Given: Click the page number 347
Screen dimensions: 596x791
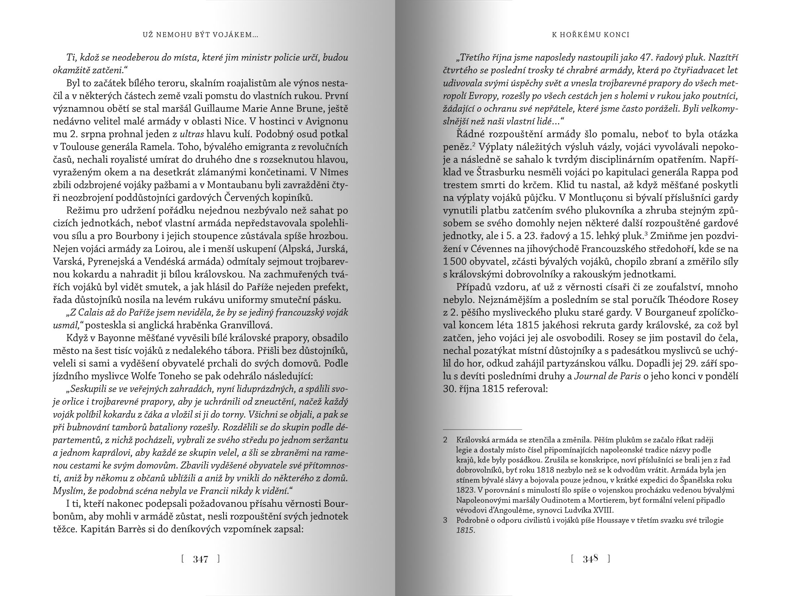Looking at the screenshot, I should click(x=200, y=559).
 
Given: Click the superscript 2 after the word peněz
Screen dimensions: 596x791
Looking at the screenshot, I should click(x=474, y=144).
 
